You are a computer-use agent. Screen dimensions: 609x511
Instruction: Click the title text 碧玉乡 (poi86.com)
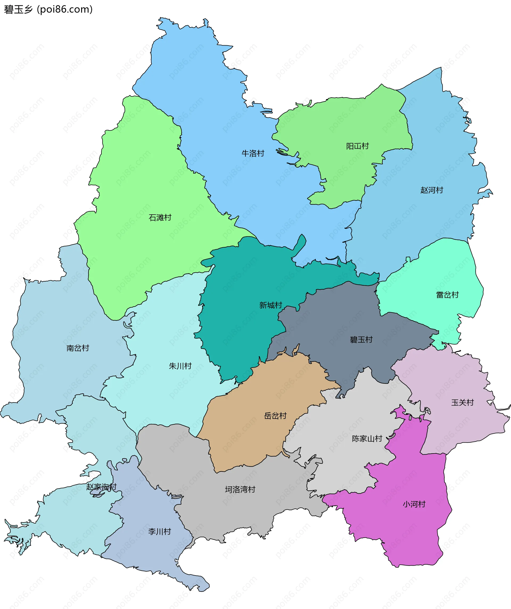pos(48,9)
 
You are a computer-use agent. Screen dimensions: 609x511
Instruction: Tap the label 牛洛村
pos(253,153)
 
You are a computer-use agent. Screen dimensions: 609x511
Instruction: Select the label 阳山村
pos(357,146)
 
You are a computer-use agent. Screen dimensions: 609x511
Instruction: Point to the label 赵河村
pos(432,190)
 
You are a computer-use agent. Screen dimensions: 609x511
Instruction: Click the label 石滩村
pos(160,218)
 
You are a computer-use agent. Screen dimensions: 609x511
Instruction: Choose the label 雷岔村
pos(447,295)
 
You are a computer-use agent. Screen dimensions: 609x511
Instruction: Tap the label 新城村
pos(270,305)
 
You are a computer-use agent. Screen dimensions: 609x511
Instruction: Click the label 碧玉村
pos(361,340)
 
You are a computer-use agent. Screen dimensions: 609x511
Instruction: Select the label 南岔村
pos(77,348)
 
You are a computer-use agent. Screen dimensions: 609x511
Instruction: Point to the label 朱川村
pos(180,366)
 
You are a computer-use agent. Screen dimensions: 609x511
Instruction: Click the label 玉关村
pos(462,403)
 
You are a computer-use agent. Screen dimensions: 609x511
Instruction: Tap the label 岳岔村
pos(275,416)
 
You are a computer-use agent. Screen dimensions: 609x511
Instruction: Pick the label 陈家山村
pos(367,439)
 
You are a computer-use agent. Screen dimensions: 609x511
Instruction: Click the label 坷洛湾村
pos(240,489)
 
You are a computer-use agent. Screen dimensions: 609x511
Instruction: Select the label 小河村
pos(414,504)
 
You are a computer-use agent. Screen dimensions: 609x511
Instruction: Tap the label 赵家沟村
pos(101,487)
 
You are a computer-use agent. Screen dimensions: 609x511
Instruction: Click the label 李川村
pos(159,532)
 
